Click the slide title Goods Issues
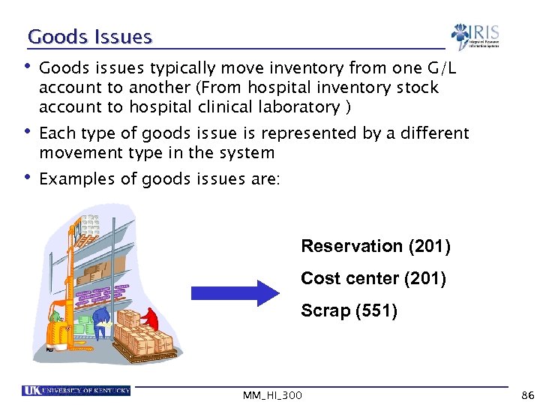[x=89, y=37]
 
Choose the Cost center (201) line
[x=373, y=278]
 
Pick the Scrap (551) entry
[x=349, y=310]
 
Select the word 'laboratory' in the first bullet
[x=298, y=106]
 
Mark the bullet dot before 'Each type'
[x=28, y=133]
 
